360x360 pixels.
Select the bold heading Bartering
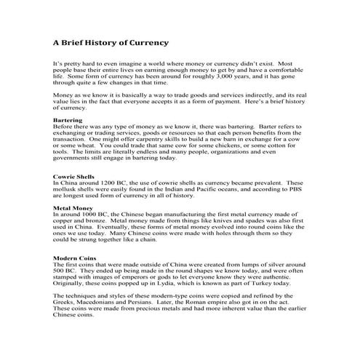(x=68, y=120)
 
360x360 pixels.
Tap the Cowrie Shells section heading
(x=74, y=176)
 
